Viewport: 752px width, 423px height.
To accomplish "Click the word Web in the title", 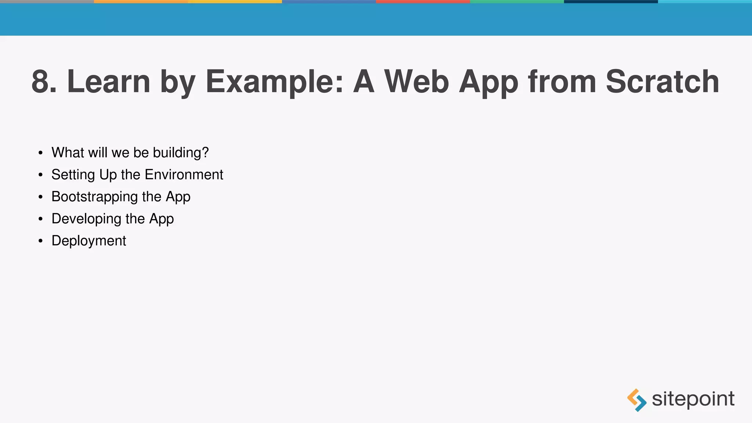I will pyautogui.click(x=417, y=82).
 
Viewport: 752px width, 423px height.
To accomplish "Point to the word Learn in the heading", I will pyautogui.click(x=109, y=82).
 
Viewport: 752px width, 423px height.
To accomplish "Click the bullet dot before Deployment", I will pyautogui.click(x=40, y=241).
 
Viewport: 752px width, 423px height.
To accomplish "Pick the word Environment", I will pyautogui.click(x=184, y=175).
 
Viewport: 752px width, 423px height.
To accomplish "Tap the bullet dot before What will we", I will pyautogui.click(x=40, y=153).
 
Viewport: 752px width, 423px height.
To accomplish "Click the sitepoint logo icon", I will pyautogui.click(x=637, y=400).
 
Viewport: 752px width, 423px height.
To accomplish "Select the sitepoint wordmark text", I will pyautogui.click(x=693, y=399).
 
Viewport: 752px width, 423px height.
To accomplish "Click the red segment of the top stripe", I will pyautogui.click(x=423, y=1).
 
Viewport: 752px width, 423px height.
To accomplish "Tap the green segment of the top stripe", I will pyautogui.click(x=517, y=1).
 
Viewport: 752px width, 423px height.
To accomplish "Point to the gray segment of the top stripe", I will pyautogui.click(x=47, y=1).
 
